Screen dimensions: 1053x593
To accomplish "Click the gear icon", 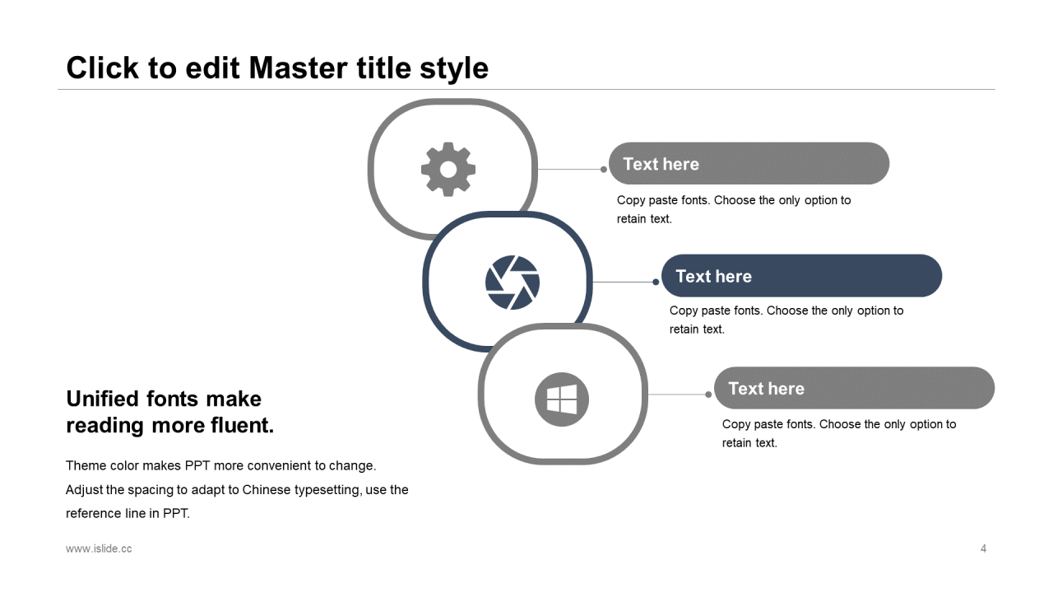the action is coord(448,170).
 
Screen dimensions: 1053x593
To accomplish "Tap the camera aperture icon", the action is coord(513,282).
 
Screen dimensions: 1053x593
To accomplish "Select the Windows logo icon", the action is coord(562,399).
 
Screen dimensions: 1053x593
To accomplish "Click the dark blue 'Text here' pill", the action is coord(801,276).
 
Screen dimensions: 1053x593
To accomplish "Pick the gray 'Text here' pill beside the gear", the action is coord(749,163).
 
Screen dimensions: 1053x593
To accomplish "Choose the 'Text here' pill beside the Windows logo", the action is coord(854,388).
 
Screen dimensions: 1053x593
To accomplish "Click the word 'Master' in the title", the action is coord(299,68).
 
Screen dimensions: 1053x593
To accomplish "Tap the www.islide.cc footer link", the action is coord(99,549).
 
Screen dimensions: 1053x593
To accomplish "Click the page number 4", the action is coord(983,549).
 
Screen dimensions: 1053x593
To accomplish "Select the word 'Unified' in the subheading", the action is coord(103,399).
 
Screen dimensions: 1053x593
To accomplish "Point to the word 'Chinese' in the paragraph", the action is coord(266,490).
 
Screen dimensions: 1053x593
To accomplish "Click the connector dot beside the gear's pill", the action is coord(604,170).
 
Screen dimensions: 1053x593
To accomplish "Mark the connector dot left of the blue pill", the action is coord(656,282).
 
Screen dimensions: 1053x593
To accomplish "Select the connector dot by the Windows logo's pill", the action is coord(708,395).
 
